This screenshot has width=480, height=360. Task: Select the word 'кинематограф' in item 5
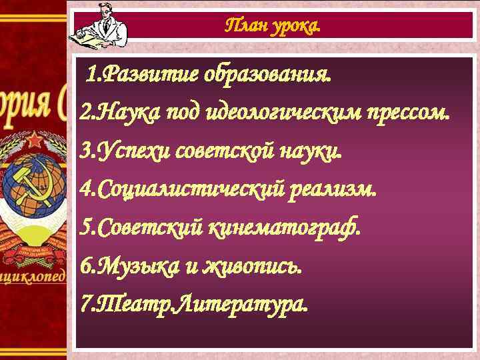coord(285,228)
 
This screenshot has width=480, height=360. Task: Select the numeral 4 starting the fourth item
coord(85,190)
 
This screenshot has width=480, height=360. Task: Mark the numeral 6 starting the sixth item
coord(85,267)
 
